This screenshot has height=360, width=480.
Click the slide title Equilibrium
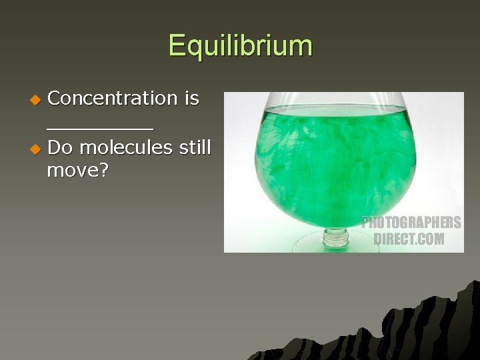pyautogui.click(x=240, y=46)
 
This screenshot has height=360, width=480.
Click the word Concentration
pyautogui.click(x=113, y=98)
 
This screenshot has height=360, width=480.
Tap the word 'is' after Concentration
pyautogui.click(x=191, y=98)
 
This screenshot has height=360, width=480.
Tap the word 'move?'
pyautogui.click(x=77, y=171)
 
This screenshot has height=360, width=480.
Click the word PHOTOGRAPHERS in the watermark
pyautogui.click(x=411, y=223)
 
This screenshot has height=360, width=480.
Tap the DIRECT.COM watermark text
pyautogui.click(x=409, y=239)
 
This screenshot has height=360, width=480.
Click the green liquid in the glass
pyautogui.click(x=320, y=160)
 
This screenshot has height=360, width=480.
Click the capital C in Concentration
pyautogui.click(x=55, y=98)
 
